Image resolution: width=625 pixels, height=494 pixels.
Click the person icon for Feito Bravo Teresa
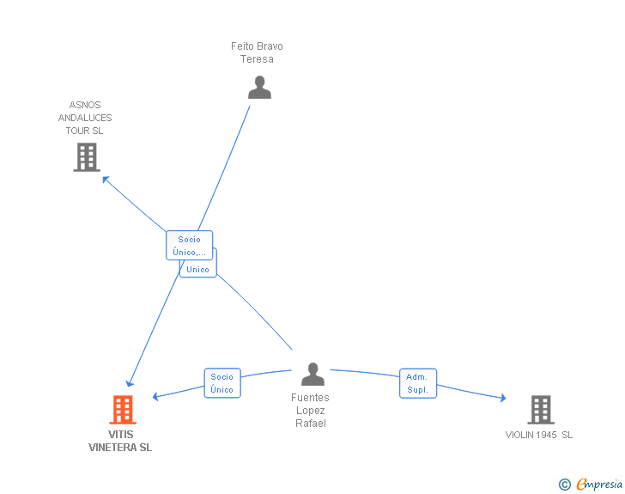pyautogui.click(x=259, y=87)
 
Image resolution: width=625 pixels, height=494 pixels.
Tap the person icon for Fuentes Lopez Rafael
pyautogui.click(x=312, y=374)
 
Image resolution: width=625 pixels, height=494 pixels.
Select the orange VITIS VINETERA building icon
pyautogui.click(x=123, y=410)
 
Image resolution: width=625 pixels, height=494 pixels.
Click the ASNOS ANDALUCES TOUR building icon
pyautogui.click(x=87, y=157)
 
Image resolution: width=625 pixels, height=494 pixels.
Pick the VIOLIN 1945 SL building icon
pyautogui.click(x=541, y=410)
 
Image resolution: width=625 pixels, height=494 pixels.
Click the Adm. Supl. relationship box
pyautogui.click(x=418, y=383)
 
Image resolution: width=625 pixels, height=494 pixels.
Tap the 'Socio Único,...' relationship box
pyautogui.click(x=190, y=246)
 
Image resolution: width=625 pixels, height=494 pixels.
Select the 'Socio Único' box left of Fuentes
pyautogui.click(x=222, y=383)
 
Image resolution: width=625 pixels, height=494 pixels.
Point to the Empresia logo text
pyautogui.click(x=599, y=484)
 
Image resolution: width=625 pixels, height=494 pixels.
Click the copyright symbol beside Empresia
pyautogui.click(x=565, y=485)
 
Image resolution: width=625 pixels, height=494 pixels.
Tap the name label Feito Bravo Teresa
pyautogui.click(x=257, y=52)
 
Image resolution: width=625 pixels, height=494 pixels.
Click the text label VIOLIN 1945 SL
pyautogui.click(x=539, y=435)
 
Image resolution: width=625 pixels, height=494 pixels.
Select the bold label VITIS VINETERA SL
pyautogui.click(x=120, y=441)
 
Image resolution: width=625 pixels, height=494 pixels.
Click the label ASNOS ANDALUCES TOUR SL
pyautogui.click(x=85, y=118)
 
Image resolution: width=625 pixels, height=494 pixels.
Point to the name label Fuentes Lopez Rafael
pyautogui.click(x=311, y=410)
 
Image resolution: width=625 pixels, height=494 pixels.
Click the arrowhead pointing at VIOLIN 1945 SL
pyautogui.click(x=503, y=398)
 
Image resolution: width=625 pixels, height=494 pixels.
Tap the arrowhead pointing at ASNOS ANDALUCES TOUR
pyautogui.click(x=106, y=180)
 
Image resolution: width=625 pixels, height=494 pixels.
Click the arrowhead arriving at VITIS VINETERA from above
pyautogui.click(x=130, y=383)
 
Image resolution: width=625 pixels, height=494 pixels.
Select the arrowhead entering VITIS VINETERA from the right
pyautogui.click(x=156, y=396)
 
